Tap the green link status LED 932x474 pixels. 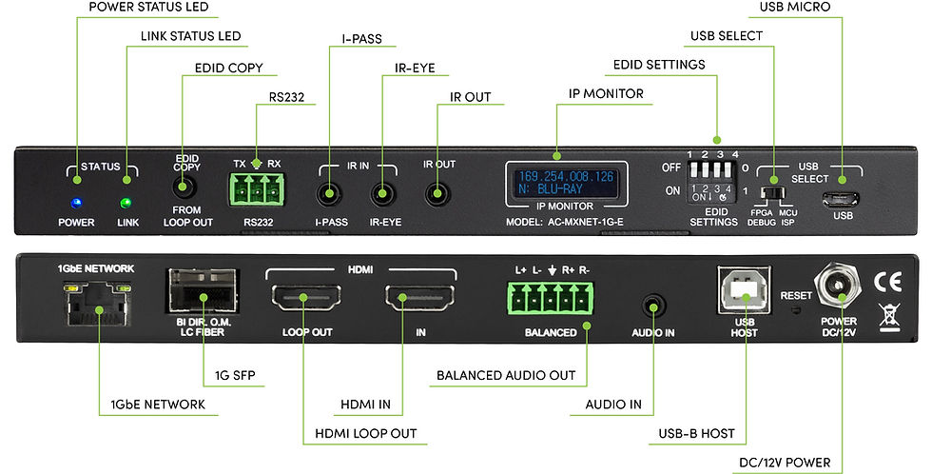coord(124,202)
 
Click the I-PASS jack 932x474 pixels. coord(328,196)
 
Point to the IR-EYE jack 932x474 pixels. coord(383,196)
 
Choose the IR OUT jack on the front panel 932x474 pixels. coord(438,195)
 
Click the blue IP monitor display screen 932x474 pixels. coord(566,183)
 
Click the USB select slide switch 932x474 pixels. coord(778,193)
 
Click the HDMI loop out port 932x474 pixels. coord(301,302)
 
